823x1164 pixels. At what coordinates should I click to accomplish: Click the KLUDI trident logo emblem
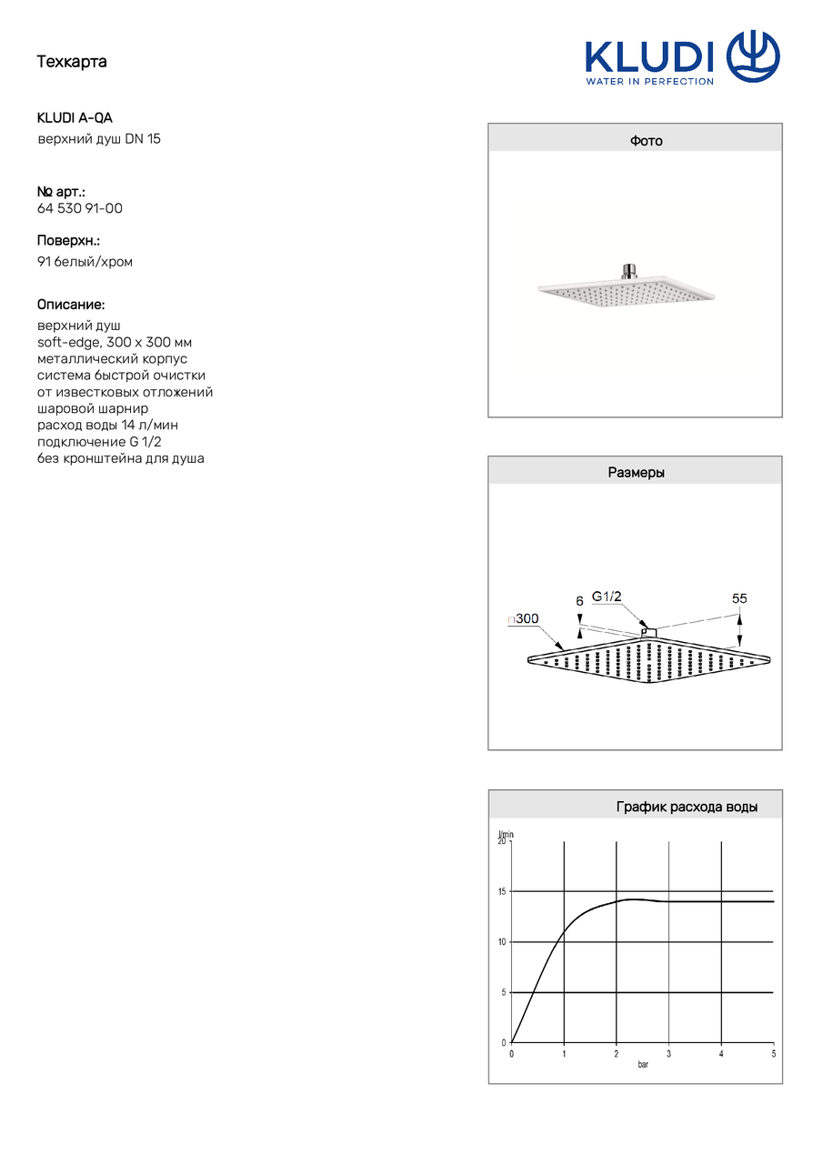[x=753, y=56]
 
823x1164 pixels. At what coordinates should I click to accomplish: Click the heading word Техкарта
[x=72, y=62]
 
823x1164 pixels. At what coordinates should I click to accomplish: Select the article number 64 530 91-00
[x=80, y=208]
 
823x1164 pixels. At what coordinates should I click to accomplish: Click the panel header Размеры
[x=636, y=473]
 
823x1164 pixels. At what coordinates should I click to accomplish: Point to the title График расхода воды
[x=687, y=807]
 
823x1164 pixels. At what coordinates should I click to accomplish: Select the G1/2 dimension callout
[x=607, y=597]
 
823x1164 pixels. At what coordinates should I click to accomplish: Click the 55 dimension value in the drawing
[x=739, y=598]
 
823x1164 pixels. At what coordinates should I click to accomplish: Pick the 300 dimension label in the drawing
[x=526, y=619]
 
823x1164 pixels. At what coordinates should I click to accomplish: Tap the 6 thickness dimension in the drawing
[x=579, y=601]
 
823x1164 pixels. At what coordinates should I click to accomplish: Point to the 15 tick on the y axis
[x=501, y=892]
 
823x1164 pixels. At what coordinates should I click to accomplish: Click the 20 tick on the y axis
[x=501, y=842]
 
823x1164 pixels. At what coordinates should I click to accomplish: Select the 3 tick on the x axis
[x=668, y=1054]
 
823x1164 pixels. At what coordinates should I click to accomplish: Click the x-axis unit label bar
[x=643, y=1064]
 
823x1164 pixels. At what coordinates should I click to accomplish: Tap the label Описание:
[x=71, y=305]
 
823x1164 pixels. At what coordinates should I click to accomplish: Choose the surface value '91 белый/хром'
[x=85, y=262]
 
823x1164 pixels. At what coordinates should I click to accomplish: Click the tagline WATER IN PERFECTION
[x=649, y=81]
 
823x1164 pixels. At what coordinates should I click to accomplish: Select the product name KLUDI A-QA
[x=75, y=118]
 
